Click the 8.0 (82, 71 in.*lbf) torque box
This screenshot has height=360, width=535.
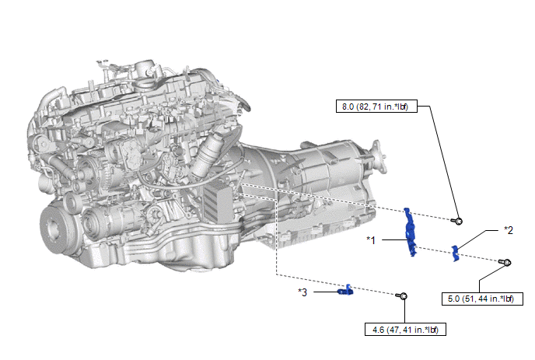[x=376, y=107]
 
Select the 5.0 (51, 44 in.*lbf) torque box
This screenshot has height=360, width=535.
[x=482, y=299]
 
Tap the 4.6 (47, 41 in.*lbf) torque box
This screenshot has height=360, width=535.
[x=405, y=330]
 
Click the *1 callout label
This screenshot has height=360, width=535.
[x=371, y=240]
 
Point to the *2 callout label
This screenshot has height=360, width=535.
[x=509, y=230]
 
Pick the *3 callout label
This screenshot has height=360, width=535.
[x=302, y=292]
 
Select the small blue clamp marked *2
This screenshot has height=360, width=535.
[x=455, y=253]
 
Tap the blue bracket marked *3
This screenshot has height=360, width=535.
[x=345, y=290]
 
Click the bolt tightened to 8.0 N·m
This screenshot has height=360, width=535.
[x=457, y=221]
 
